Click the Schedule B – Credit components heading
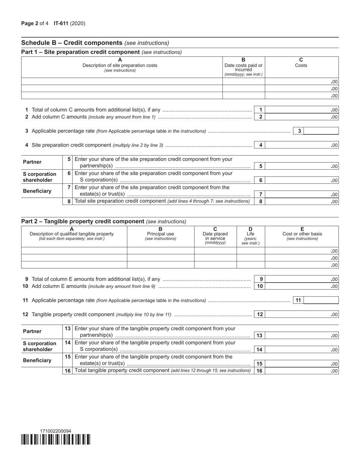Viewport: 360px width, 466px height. pos(72,43)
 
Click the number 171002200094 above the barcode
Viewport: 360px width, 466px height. pos(55,431)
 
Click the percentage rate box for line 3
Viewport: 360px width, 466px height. pos(321,131)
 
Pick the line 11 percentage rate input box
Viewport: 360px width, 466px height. pos(321,300)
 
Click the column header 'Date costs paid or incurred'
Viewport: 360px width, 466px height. pos(243,67)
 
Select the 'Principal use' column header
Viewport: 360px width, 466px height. pos(160,234)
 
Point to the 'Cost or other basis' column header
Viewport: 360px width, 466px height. pos(302,234)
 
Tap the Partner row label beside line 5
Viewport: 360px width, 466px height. pos(32,162)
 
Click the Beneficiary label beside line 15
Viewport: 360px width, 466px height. pos(37,360)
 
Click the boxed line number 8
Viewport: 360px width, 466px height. pos(261,202)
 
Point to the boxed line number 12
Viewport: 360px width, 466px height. pos(260,314)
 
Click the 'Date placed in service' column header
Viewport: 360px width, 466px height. pos(215,236)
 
